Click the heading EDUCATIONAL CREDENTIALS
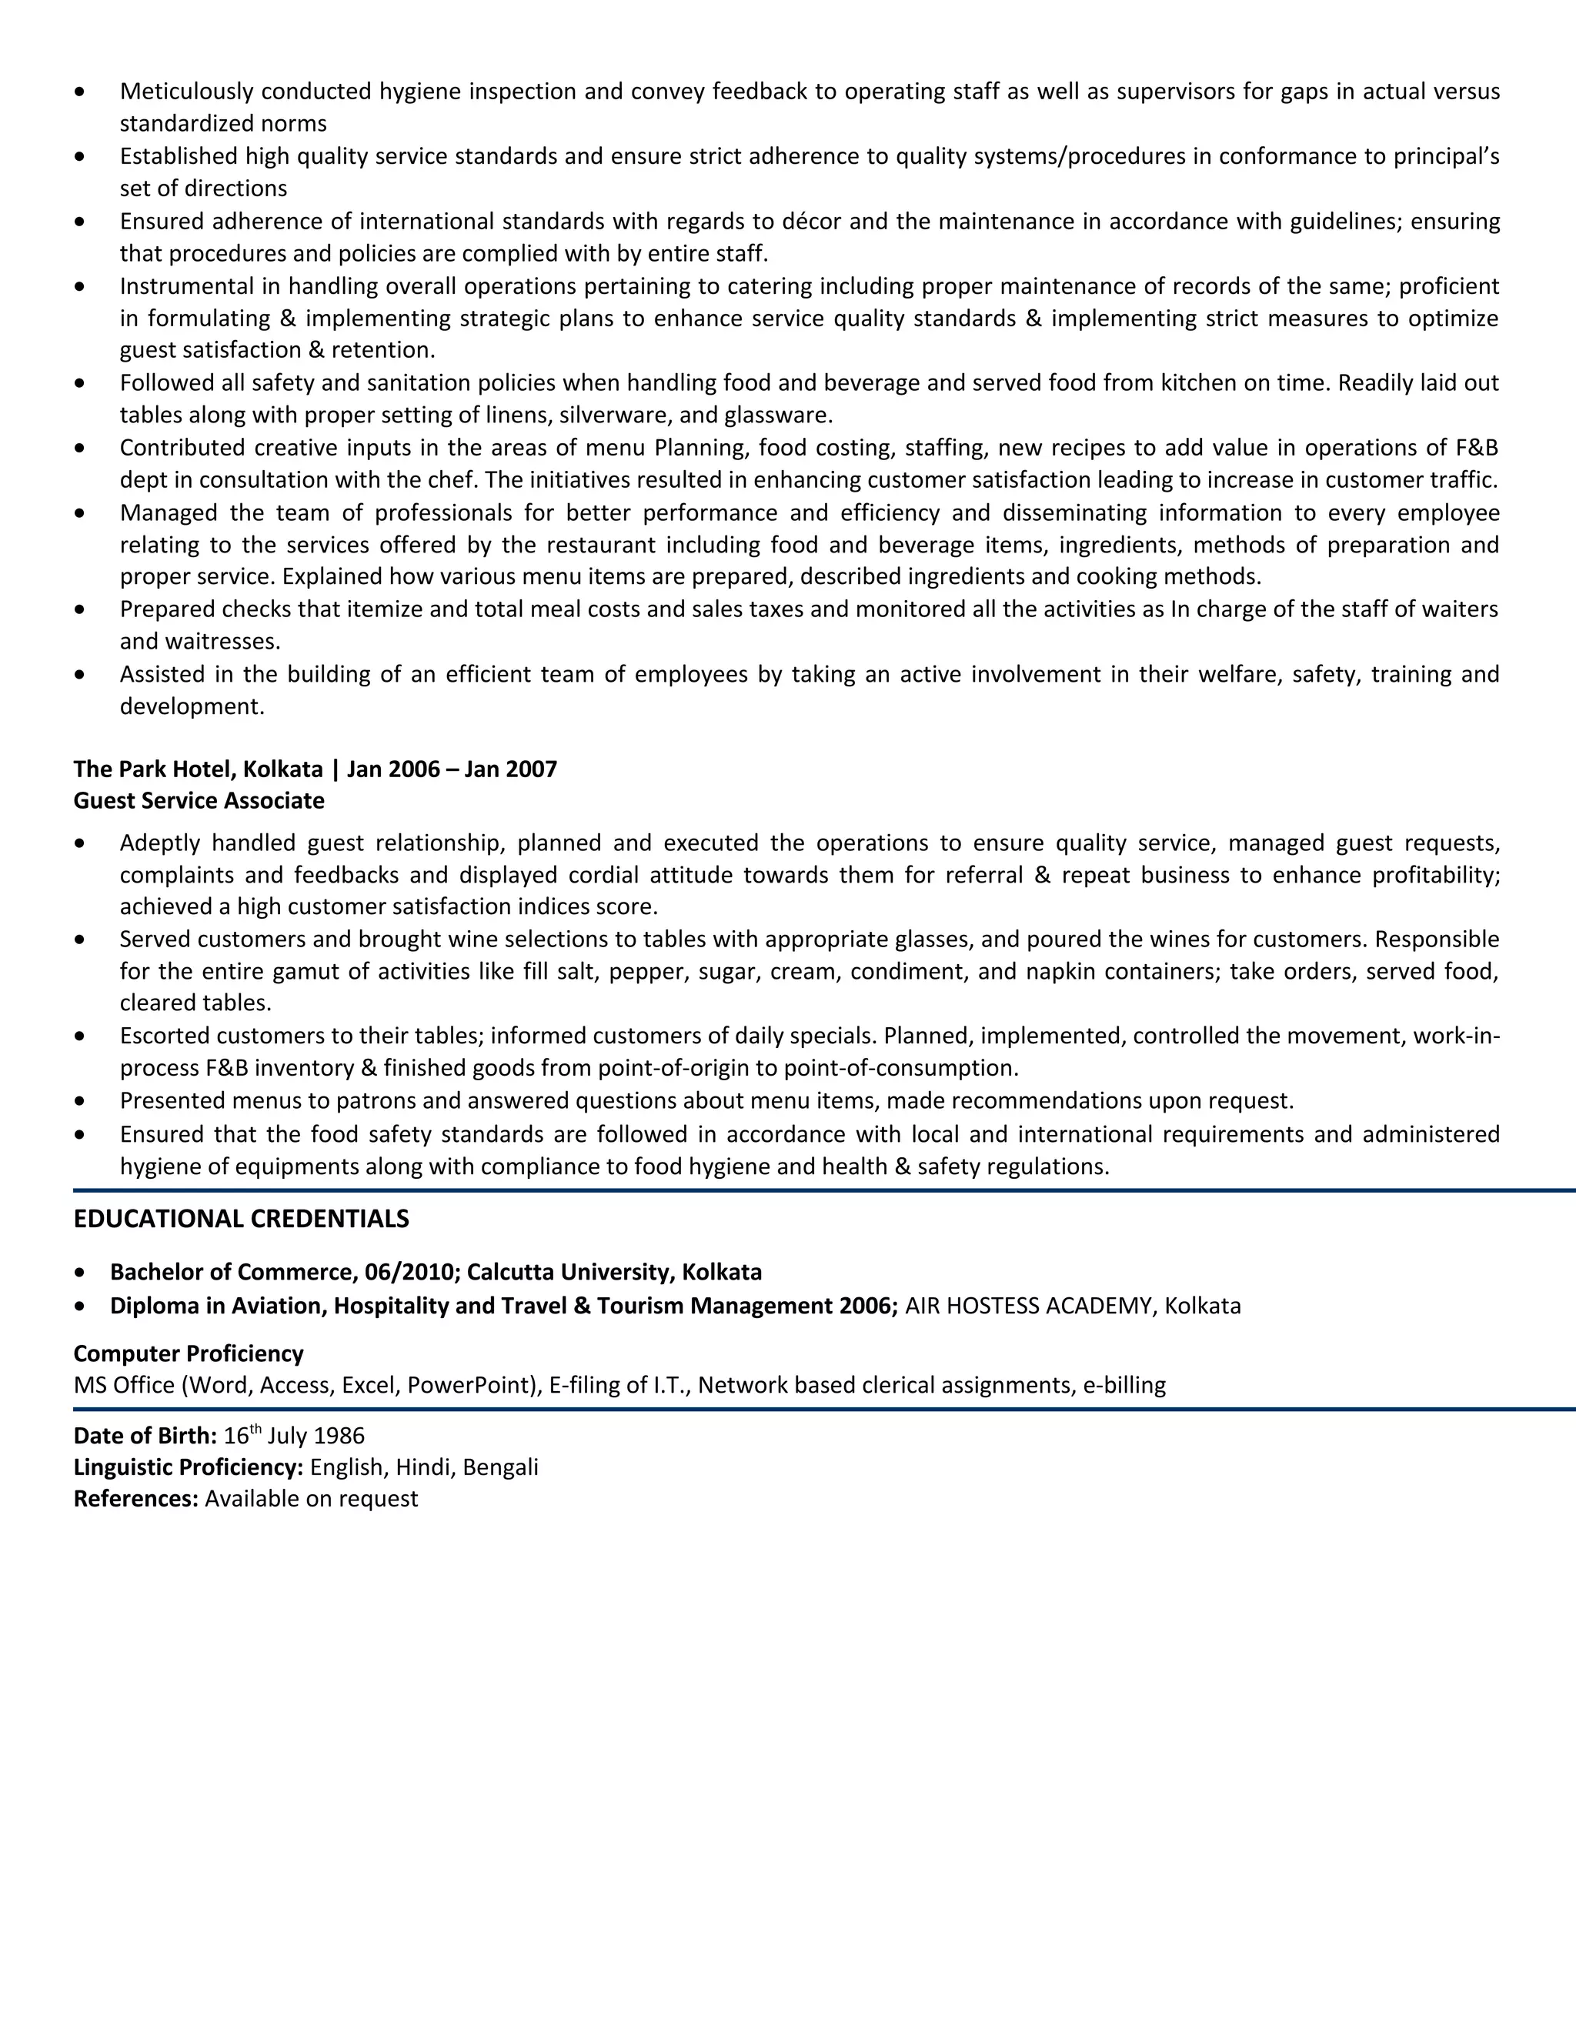coord(241,1220)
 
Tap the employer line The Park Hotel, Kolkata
coord(198,769)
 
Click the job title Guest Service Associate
coord(199,801)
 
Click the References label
coord(135,1500)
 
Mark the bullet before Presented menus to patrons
coord(79,1102)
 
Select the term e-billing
coord(1124,1386)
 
